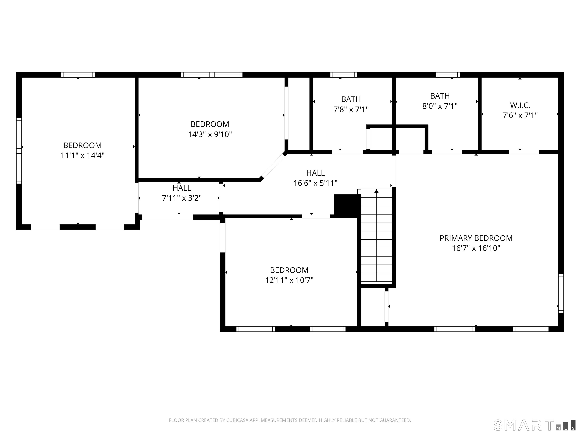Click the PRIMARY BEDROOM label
pyautogui.click(x=476, y=238)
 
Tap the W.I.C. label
pyautogui.click(x=520, y=105)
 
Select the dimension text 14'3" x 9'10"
pyautogui.click(x=210, y=134)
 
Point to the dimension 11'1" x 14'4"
pyautogui.click(x=83, y=156)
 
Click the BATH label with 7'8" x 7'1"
pyautogui.click(x=351, y=99)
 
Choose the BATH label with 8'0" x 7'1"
pyautogui.click(x=440, y=96)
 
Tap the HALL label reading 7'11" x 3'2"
pyautogui.click(x=182, y=188)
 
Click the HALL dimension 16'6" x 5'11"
pyautogui.click(x=315, y=183)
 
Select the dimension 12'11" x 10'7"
pyautogui.click(x=289, y=280)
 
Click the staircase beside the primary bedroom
pyautogui.click(x=376, y=236)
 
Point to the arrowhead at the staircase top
pyautogui.click(x=376, y=191)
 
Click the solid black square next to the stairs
pyautogui.click(x=346, y=206)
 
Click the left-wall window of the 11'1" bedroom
pyautogui.click(x=19, y=151)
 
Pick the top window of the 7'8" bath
pyautogui.click(x=343, y=75)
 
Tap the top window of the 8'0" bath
pyautogui.click(x=448, y=75)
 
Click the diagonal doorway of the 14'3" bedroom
pyautogui.click(x=273, y=166)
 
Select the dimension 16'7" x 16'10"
pyautogui.click(x=476, y=248)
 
